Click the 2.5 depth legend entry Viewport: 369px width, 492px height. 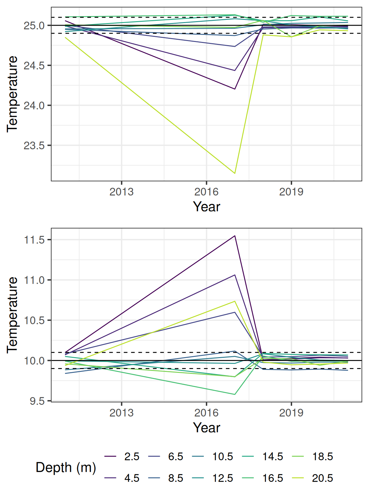click(x=132, y=456)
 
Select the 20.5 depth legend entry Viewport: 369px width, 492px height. click(x=322, y=478)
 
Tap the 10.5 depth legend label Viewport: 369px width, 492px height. click(x=223, y=456)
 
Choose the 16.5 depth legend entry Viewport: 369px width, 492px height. click(x=273, y=478)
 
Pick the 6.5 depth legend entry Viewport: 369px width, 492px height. click(x=176, y=456)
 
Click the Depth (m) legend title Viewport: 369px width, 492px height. click(x=66, y=467)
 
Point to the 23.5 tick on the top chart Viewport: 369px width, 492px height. click(x=34, y=145)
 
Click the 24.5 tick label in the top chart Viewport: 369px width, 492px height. click(x=34, y=66)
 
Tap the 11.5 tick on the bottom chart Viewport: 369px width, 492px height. click(x=34, y=240)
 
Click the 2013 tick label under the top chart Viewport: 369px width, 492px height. click(x=121, y=192)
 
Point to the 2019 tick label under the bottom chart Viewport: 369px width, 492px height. click(x=291, y=413)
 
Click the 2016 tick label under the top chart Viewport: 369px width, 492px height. click(x=206, y=192)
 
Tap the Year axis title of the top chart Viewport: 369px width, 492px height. click(x=207, y=207)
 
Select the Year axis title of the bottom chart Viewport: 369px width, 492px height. click(x=207, y=428)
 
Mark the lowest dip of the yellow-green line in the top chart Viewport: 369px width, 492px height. click(x=235, y=173)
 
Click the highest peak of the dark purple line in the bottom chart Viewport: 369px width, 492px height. click(x=235, y=236)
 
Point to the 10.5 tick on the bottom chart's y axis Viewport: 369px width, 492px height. click(x=34, y=320)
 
